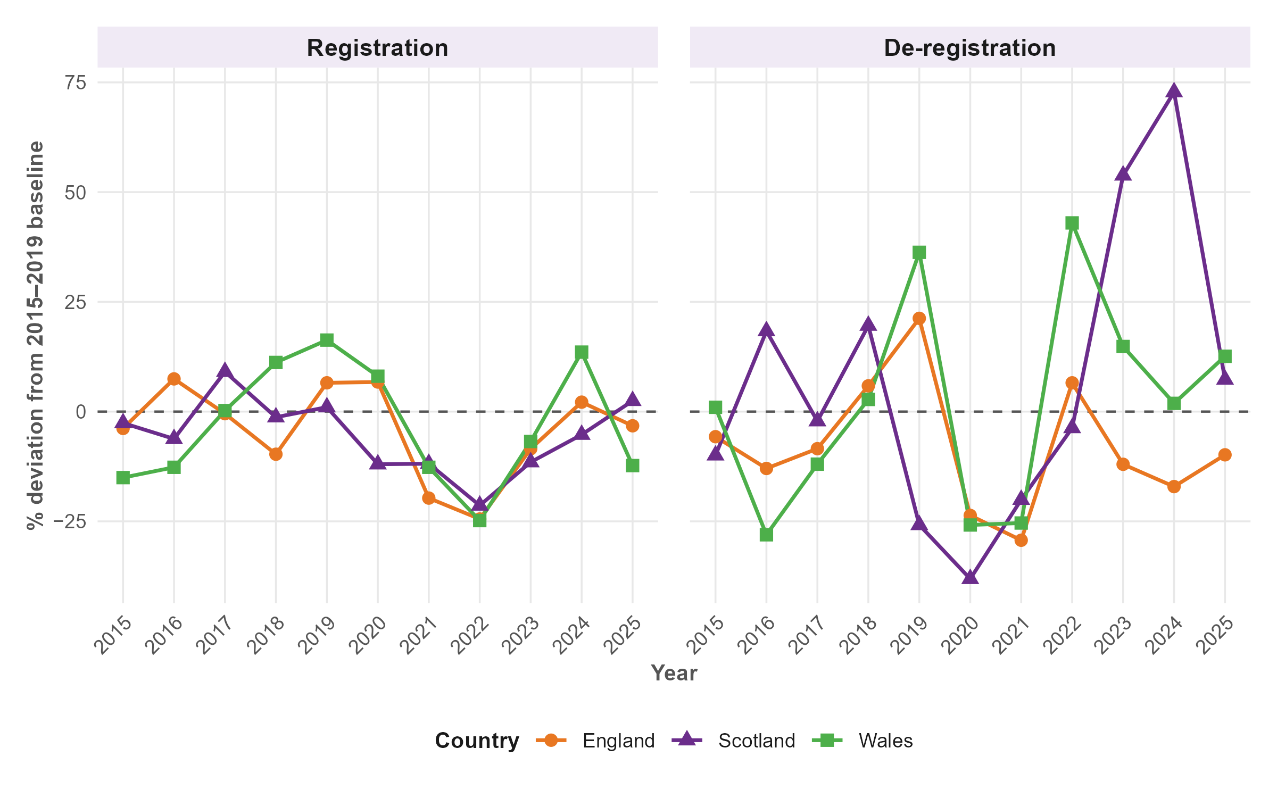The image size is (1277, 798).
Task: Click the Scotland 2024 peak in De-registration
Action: point(1174,91)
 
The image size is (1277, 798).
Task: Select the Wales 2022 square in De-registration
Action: point(1072,223)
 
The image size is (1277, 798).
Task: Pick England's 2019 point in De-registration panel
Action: point(919,318)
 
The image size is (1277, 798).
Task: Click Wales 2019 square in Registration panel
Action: point(327,340)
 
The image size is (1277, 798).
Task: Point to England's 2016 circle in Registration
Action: point(174,379)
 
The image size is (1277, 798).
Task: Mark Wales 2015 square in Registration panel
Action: point(123,477)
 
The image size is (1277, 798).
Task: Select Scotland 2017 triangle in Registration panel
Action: point(225,371)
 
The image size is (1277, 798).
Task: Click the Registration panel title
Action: point(377,48)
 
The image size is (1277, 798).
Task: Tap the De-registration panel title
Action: point(969,48)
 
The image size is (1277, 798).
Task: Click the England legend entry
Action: point(618,741)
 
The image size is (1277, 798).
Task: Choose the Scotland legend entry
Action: point(756,741)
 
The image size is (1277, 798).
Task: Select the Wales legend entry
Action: point(885,741)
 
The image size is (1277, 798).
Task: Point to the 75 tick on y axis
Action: point(75,82)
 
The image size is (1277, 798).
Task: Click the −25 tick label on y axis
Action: point(69,521)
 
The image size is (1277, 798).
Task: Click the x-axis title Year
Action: point(674,673)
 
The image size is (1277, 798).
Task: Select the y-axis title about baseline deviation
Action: point(36,335)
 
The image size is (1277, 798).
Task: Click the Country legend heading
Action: point(477,741)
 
